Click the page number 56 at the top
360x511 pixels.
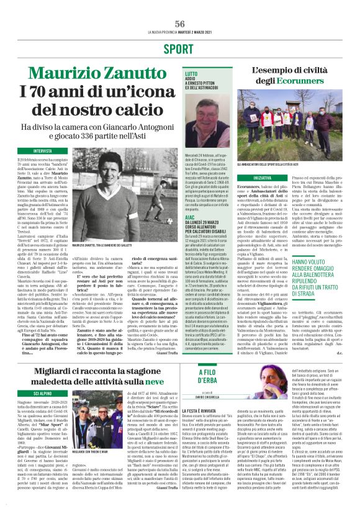[180, 23]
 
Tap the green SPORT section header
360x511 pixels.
[180, 48]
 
